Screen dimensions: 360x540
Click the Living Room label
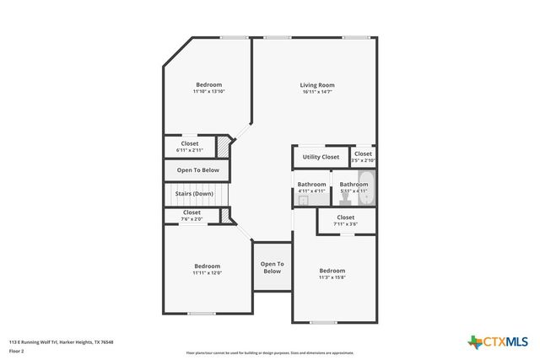pyautogui.click(x=317, y=85)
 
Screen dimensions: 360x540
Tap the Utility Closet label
pyautogui.click(x=321, y=157)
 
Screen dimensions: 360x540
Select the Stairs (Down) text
pyautogui.click(x=194, y=194)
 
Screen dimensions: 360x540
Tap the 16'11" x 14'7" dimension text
pyautogui.click(x=317, y=92)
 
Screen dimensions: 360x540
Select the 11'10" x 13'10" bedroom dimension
pyautogui.click(x=209, y=92)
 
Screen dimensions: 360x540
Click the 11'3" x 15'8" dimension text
pyautogui.click(x=332, y=277)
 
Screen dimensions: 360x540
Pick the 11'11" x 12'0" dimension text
pyautogui.click(x=207, y=273)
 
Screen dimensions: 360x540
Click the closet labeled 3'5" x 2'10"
pyautogui.click(x=363, y=157)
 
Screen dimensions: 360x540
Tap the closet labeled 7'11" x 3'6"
pyautogui.click(x=345, y=220)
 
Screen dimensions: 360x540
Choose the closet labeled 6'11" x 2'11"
pyautogui.click(x=190, y=147)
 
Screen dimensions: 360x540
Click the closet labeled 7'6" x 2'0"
pyautogui.click(x=192, y=216)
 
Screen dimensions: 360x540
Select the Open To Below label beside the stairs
pyautogui.click(x=197, y=170)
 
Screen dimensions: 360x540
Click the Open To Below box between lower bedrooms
pyautogui.click(x=272, y=268)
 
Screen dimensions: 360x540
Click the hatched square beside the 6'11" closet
pyautogui.click(x=224, y=148)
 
